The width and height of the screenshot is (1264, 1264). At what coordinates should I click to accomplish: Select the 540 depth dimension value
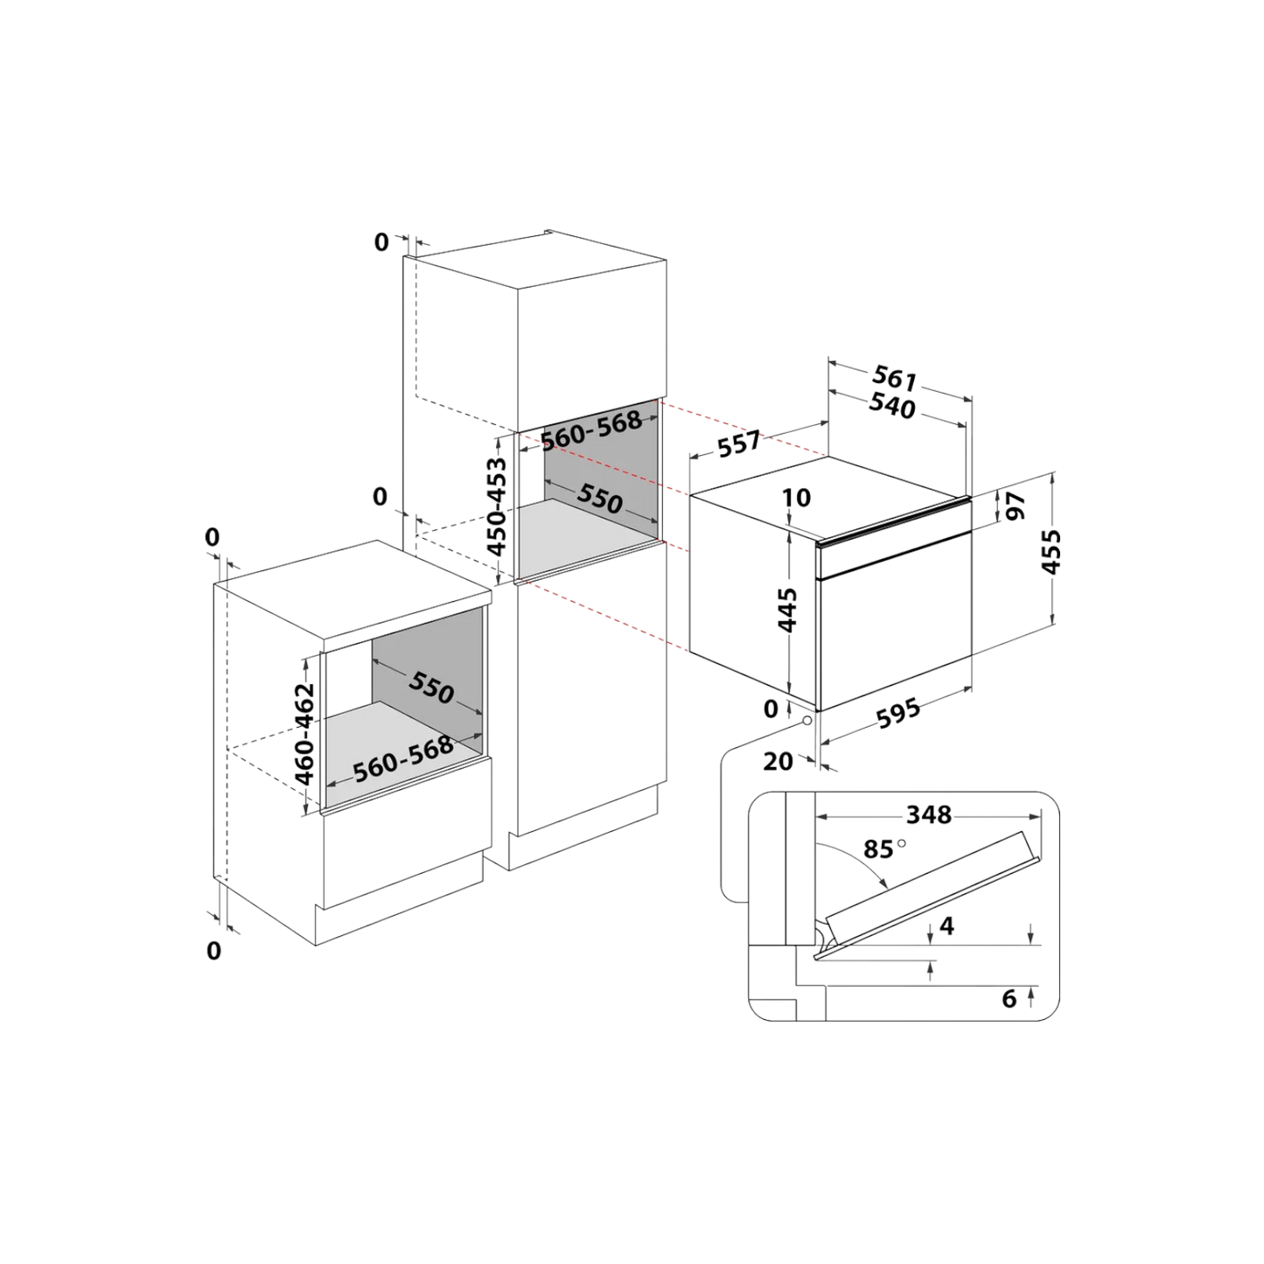(892, 407)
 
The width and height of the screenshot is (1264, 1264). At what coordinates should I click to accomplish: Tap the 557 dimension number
(739, 444)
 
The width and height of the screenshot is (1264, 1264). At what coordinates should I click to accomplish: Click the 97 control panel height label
(1016, 506)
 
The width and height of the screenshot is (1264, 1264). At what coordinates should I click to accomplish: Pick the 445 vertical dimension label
(787, 610)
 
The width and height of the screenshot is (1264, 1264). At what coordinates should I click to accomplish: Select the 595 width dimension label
(898, 713)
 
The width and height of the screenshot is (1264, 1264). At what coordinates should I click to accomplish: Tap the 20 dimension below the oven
(778, 762)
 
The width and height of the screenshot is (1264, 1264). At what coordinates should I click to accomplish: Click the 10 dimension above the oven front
(796, 498)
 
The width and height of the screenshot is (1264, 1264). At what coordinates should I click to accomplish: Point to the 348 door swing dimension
(928, 814)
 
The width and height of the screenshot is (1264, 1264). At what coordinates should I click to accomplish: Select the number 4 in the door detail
(946, 925)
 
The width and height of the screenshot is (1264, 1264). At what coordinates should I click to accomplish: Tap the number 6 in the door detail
(1009, 999)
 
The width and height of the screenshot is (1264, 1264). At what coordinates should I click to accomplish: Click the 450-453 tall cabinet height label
(497, 506)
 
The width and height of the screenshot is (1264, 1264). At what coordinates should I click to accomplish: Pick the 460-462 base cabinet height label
(304, 734)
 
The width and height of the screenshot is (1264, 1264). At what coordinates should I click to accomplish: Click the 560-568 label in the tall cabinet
(591, 429)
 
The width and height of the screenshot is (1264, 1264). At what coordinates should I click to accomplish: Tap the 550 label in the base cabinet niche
(431, 688)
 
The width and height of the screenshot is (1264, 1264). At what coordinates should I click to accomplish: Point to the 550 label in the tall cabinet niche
(599, 499)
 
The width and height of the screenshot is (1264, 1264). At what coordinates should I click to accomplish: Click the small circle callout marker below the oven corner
(807, 720)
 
